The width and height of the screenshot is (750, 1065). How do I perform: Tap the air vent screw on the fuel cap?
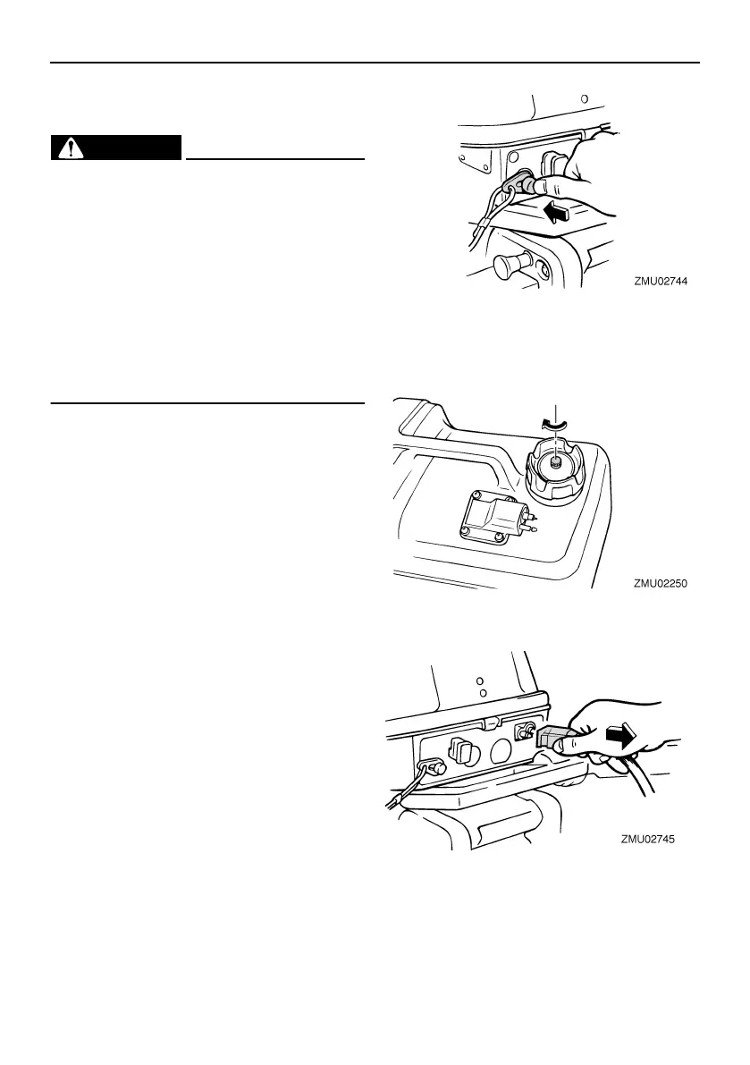point(555,461)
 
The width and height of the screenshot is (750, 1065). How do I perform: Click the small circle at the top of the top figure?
point(584,99)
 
